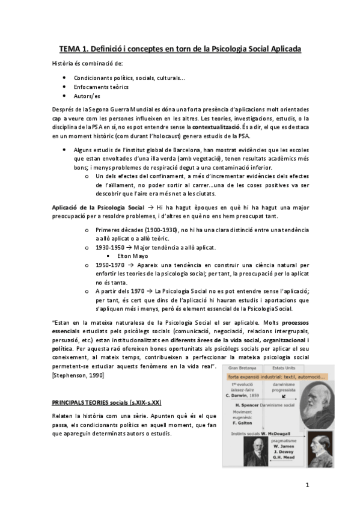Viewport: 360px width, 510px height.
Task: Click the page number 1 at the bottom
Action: (307, 485)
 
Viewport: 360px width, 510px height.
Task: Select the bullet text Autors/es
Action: (87, 96)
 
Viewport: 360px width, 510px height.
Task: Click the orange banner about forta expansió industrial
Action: (276, 377)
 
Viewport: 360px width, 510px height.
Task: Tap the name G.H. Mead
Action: (283, 457)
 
